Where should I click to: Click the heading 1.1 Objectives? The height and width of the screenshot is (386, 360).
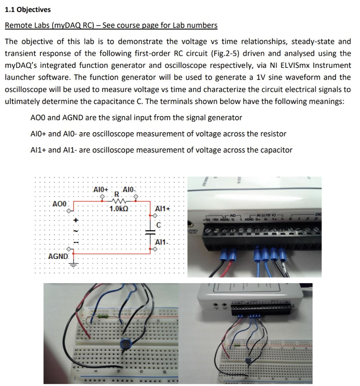(28, 10)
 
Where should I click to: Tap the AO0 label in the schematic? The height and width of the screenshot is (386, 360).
(59, 204)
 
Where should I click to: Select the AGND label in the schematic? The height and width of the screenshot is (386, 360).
(58, 257)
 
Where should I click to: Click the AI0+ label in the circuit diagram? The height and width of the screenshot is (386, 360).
(101, 189)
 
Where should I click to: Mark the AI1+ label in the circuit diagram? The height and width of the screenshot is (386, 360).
(163, 208)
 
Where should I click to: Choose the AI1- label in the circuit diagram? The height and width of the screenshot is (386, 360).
(163, 242)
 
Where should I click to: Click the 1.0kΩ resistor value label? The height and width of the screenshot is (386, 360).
(119, 208)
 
